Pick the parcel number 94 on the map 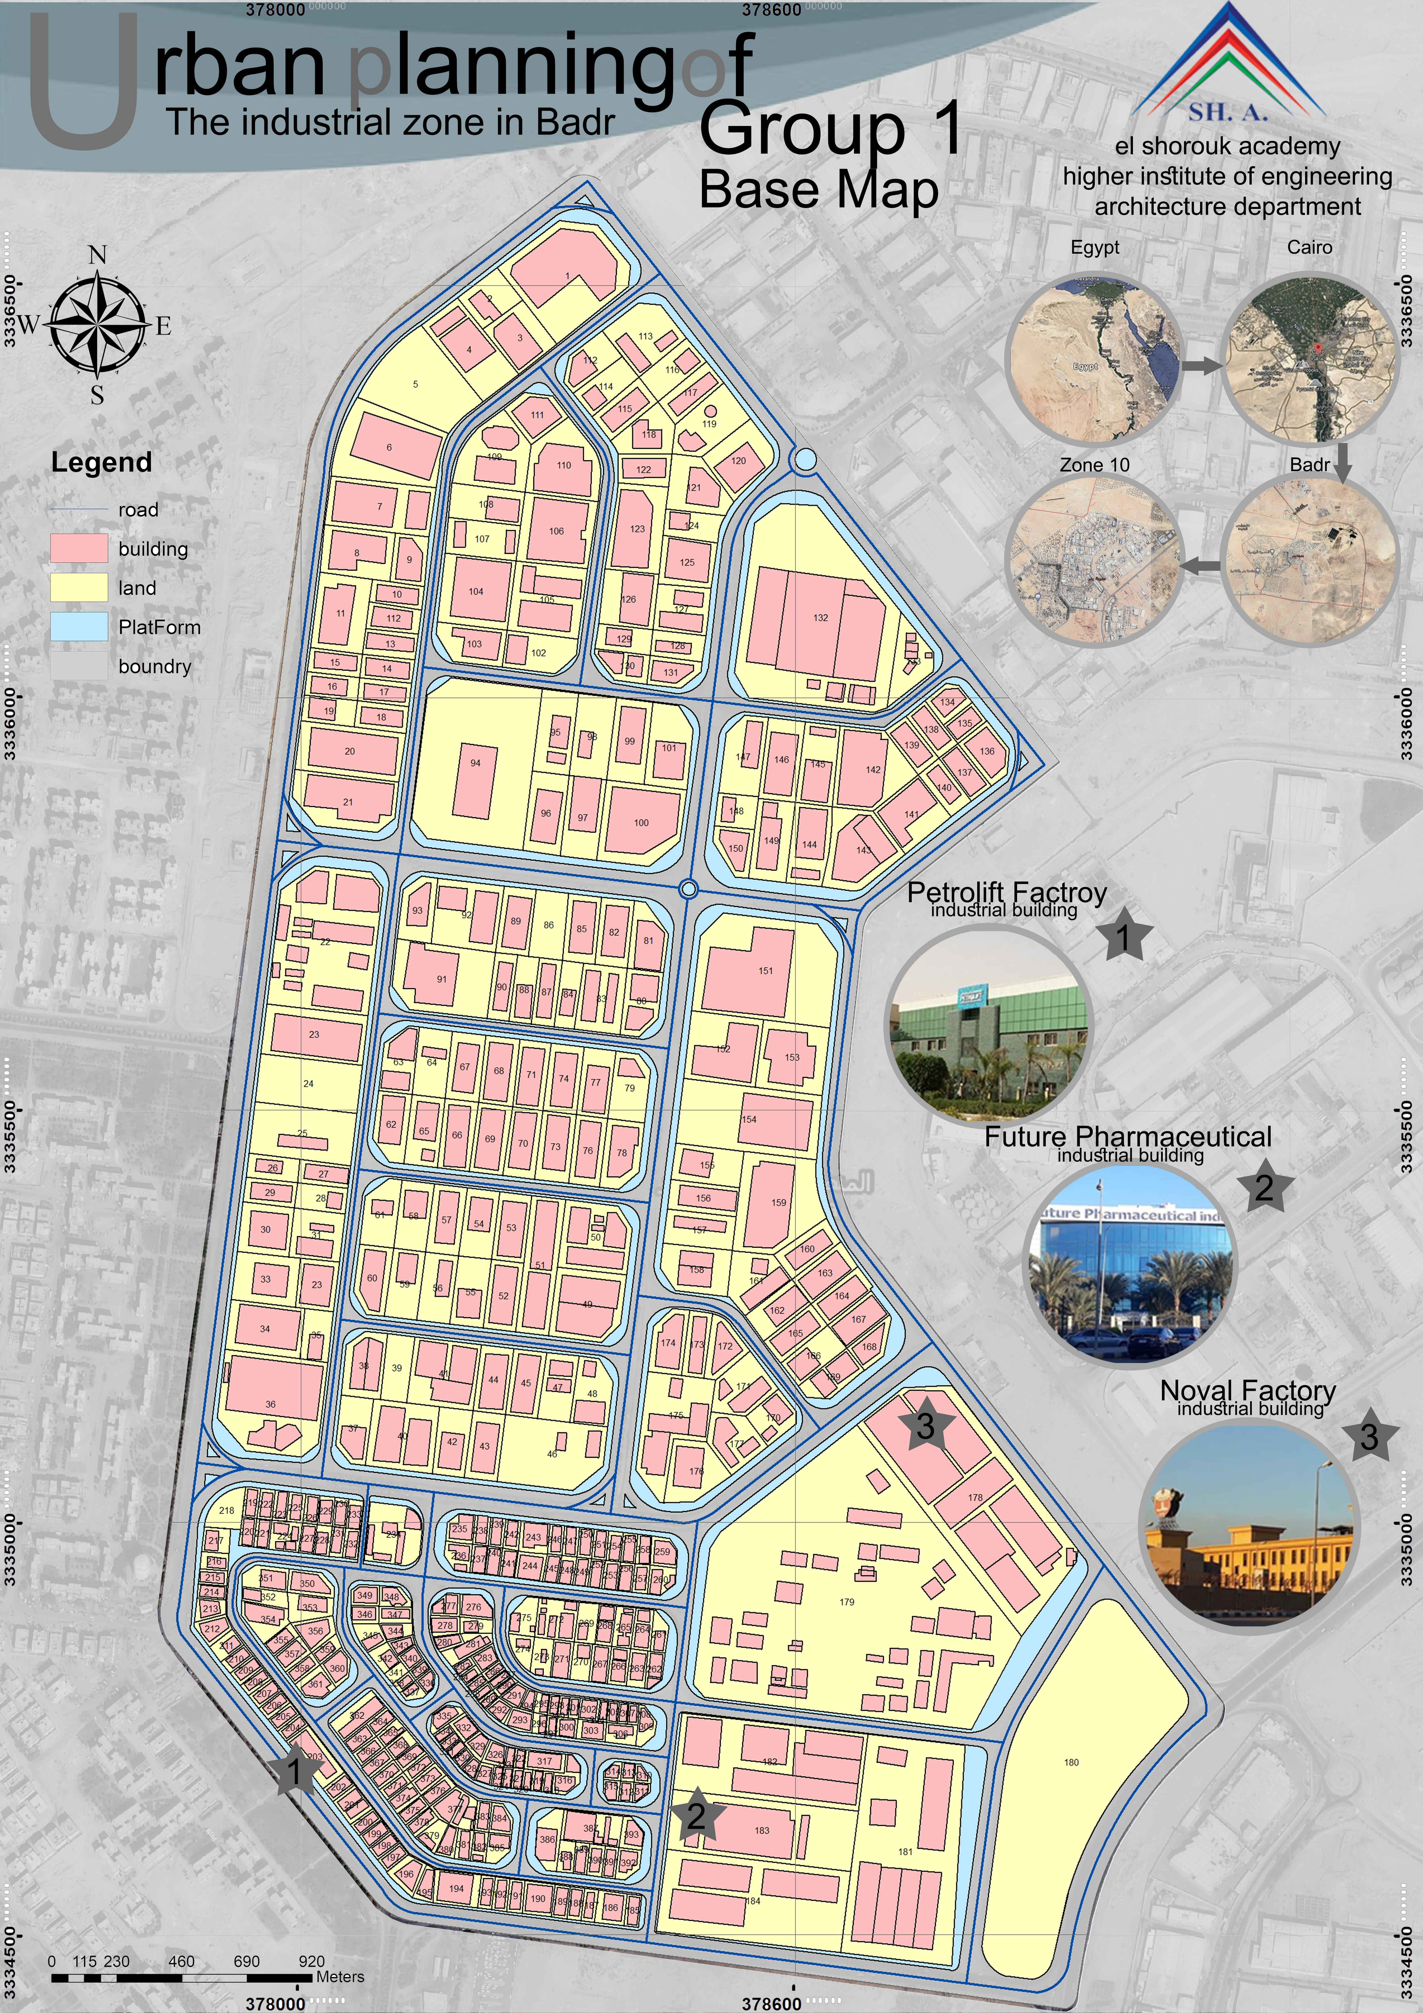475,763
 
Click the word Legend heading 102,462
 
